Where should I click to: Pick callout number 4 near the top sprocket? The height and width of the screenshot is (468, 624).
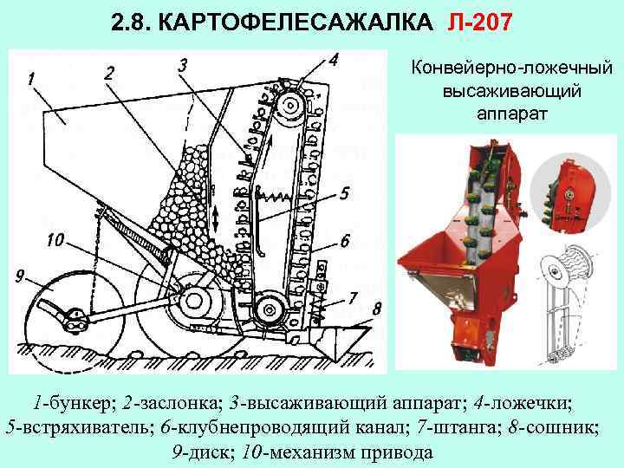[334, 59]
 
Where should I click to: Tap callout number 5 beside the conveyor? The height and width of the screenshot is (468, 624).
[345, 193]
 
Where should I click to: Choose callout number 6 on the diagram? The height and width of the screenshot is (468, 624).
[344, 240]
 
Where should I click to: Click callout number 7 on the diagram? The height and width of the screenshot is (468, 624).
[352, 297]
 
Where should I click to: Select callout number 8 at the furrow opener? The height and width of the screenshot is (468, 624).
[376, 309]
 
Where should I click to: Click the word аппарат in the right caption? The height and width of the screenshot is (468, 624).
[511, 112]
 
